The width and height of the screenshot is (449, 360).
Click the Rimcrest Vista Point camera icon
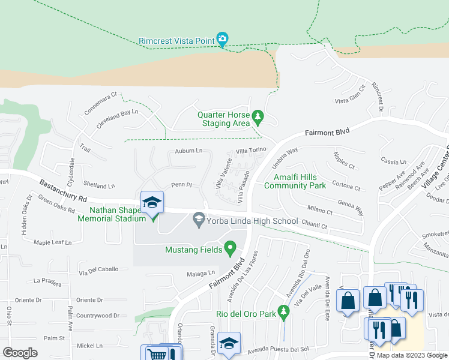click(x=222, y=40)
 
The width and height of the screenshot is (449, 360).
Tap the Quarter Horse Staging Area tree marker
click(x=258, y=115)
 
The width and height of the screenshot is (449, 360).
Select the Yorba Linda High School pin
click(x=198, y=221)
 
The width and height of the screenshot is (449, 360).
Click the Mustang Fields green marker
click(x=229, y=247)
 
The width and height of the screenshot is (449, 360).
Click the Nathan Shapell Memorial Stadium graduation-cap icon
click(x=152, y=203)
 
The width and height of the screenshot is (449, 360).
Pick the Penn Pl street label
click(x=181, y=185)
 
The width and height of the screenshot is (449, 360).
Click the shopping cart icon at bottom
click(x=157, y=355)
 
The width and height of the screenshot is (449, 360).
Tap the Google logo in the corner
click(x=20, y=352)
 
